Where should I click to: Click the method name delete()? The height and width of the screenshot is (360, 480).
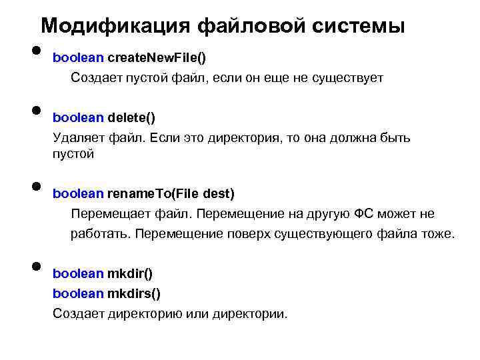[x=131, y=118]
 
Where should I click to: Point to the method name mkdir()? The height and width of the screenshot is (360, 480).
[x=130, y=274]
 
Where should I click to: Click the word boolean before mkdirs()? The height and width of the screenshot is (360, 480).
[x=78, y=293]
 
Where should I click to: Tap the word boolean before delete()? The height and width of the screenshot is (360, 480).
[x=78, y=118]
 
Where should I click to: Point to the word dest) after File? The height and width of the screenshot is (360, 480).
[x=219, y=194]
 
